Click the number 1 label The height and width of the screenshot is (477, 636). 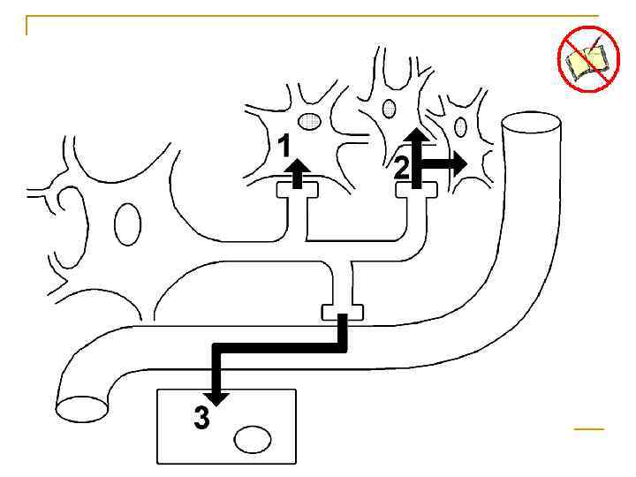tap(283, 144)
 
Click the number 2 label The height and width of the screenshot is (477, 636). tap(402, 167)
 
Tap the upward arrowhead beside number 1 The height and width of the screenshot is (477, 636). tap(299, 165)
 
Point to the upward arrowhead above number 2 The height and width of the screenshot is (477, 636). tap(417, 134)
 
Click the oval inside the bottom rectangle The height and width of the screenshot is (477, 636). tap(253, 439)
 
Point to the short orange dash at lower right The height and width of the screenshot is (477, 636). tap(588, 428)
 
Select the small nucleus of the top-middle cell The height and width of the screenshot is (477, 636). tap(390, 108)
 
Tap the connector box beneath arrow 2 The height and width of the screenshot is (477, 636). tap(416, 189)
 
